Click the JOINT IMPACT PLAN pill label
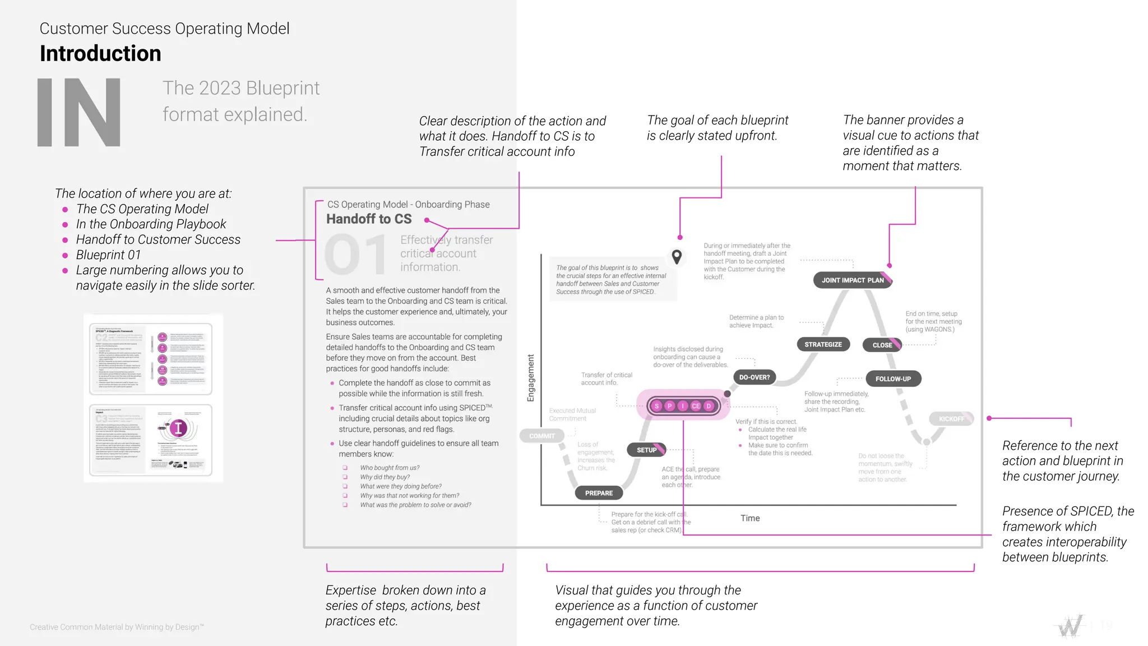[852, 280]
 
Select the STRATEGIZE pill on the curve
[823, 344]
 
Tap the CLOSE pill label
[882, 345]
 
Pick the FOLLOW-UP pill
[893, 379]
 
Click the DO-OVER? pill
[754, 377]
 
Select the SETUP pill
[647, 450]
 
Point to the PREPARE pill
[599, 493]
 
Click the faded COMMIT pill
[541, 436]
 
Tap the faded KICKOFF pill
[951, 419]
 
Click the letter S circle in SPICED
[657, 405]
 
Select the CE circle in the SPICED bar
[696, 405]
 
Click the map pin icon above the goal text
[677, 257]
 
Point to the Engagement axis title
[530, 378]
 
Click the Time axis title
[749, 518]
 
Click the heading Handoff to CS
[369, 219]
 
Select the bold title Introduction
[100, 54]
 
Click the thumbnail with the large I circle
[151, 440]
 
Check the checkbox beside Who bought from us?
[345, 468]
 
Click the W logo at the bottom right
[1070, 626]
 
